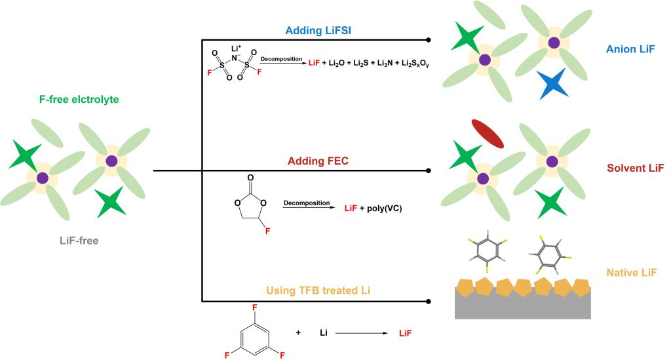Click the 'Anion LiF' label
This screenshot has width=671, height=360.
click(x=630, y=49)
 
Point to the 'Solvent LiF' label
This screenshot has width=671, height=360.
click(x=632, y=169)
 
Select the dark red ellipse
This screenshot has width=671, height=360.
click(x=488, y=134)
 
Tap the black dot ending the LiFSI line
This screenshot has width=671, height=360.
click(x=429, y=40)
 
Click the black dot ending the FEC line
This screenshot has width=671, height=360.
click(x=429, y=170)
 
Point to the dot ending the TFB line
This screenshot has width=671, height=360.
click(x=429, y=302)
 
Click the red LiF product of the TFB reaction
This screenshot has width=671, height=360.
click(x=406, y=333)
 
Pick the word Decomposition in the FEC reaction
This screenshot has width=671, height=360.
click(x=307, y=203)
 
